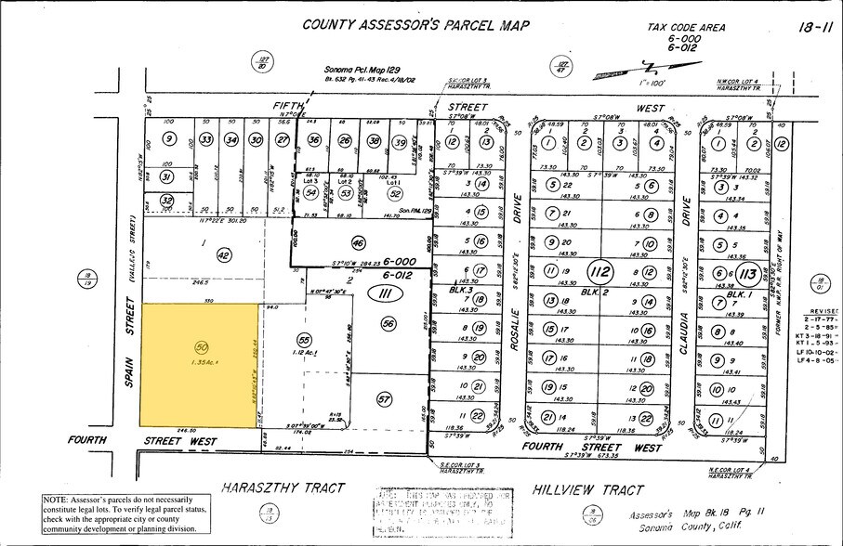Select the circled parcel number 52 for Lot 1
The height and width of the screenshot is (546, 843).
(395, 193)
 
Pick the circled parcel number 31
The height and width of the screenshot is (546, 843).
(167, 175)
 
